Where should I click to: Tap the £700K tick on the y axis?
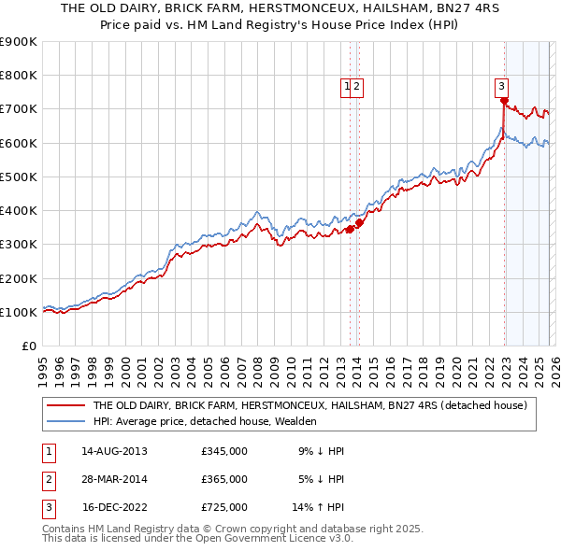pos(19,109)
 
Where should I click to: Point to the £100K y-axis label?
pos(19,312)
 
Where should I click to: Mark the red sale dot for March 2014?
pos(359,222)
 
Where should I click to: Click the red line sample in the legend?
pos(65,406)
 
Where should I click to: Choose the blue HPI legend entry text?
pos(205,422)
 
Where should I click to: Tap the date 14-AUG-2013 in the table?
pos(114,451)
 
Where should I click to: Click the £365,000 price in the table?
pos(224,479)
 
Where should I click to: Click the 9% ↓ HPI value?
pos(321,451)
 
